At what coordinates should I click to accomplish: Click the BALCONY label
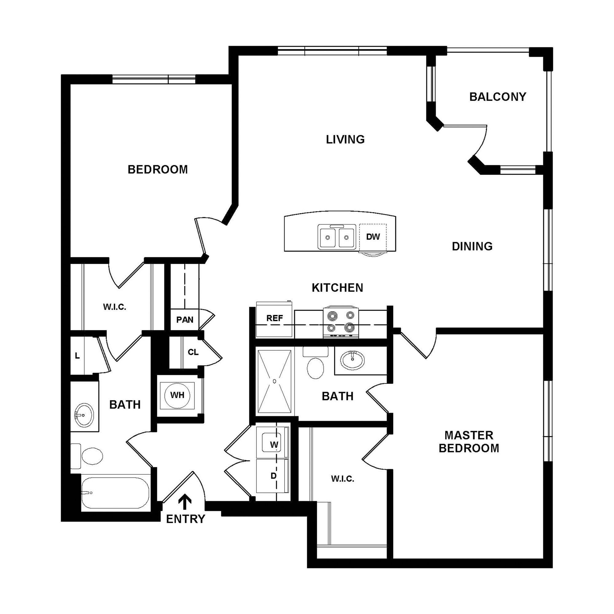tap(498, 97)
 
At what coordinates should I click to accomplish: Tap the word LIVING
tap(345, 139)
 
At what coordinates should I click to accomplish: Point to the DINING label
tap(472, 246)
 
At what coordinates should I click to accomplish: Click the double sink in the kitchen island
tap(337, 236)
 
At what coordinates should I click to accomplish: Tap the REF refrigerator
tap(274, 319)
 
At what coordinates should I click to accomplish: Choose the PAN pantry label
tap(185, 319)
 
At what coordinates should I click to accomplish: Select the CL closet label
tap(193, 352)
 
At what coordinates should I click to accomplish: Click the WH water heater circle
tap(177, 395)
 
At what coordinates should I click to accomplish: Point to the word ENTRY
tap(186, 519)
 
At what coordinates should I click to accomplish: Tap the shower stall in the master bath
tap(274, 381)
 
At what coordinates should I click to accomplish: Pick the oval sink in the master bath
tap(352, 360)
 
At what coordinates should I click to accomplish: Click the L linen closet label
tap(77, 356)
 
